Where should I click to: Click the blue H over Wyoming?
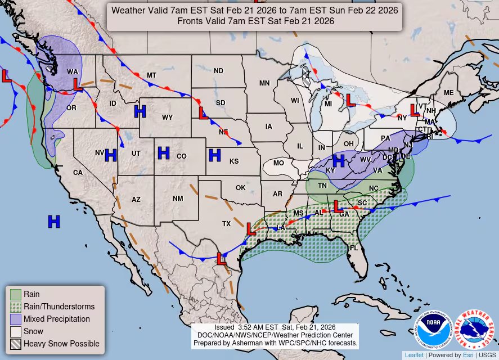[140, 111]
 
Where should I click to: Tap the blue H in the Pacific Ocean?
[53, 222]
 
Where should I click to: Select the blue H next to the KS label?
[214, 155]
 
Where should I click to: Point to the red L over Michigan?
[350, 100]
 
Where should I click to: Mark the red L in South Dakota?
[204, 113]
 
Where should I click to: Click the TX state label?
[226, 223]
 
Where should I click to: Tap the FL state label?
[353, 247]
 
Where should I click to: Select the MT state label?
[151, 75]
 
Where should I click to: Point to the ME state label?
[448, 92]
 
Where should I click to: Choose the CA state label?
[78, 172]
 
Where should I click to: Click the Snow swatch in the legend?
[15, 331]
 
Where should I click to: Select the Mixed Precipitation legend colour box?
[15, 319]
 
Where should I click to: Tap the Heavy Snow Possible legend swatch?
[15, 344]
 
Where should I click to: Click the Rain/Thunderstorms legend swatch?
[15, 307]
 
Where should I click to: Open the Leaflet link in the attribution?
[413, 355]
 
